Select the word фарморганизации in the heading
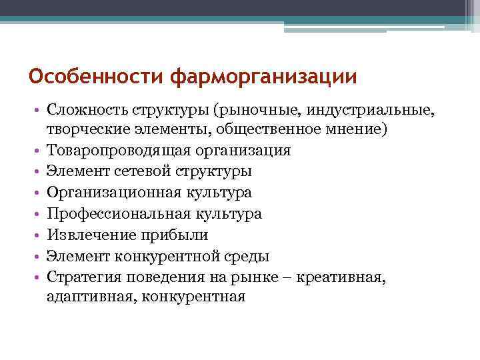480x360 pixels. point(263,76)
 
